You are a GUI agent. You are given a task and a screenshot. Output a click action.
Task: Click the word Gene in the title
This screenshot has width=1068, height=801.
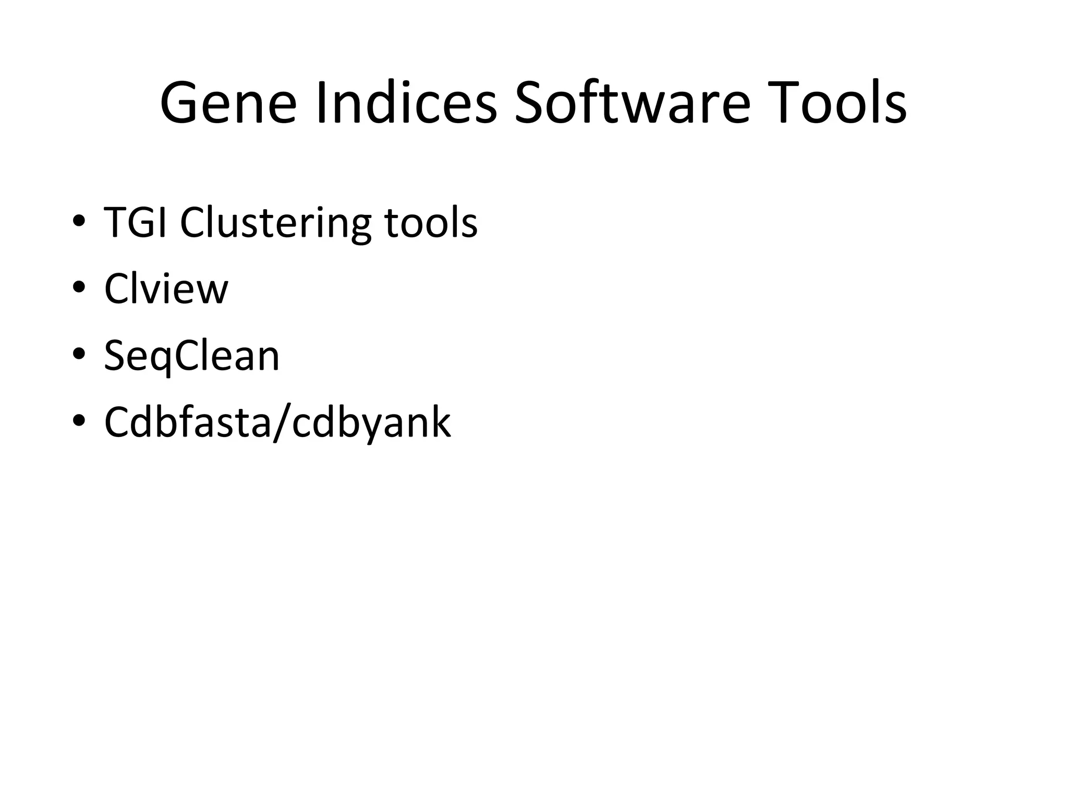pos(228,104)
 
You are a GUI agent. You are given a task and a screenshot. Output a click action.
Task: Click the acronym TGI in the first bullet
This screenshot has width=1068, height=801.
pos(135,223)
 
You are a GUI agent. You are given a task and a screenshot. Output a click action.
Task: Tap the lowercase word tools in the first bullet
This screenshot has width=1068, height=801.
pos(431,223)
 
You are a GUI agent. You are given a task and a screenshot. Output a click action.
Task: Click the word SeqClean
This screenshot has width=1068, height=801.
pos(191,356)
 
